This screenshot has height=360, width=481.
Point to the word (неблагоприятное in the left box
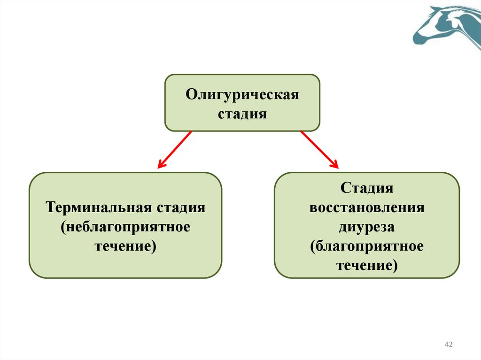coord(125,227)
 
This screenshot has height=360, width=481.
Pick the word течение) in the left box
coord(125,246)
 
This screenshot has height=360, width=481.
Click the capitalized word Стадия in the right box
coord(366,188)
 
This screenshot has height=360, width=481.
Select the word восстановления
coord(366,207)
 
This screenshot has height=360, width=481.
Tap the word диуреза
coord(366,227)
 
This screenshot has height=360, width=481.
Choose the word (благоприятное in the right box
coord(366,246)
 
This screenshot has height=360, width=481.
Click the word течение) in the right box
coord(366,266)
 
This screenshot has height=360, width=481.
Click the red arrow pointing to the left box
coord(175,149)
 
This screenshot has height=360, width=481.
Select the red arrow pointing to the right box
coord(319,149)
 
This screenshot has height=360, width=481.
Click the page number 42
coord(448,345)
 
